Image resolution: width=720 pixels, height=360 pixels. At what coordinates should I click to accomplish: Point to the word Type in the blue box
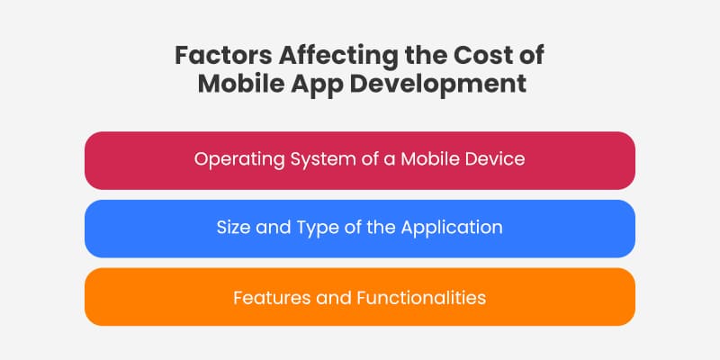point(310,229)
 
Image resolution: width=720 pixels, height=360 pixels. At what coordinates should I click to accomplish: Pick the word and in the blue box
point(272,229)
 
